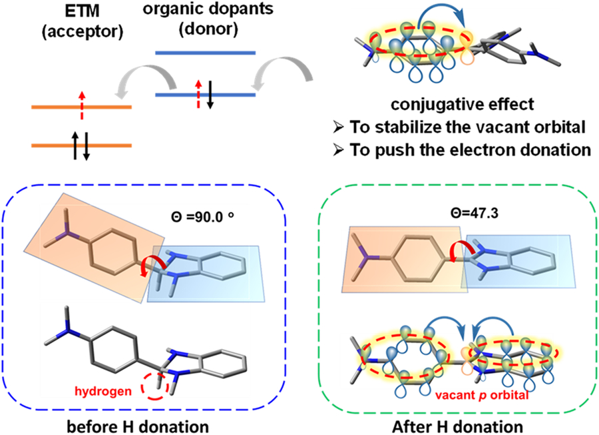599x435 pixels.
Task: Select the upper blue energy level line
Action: point(205,51)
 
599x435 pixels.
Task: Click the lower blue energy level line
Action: point(205,95)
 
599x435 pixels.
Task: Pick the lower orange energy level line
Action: point(81,145)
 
